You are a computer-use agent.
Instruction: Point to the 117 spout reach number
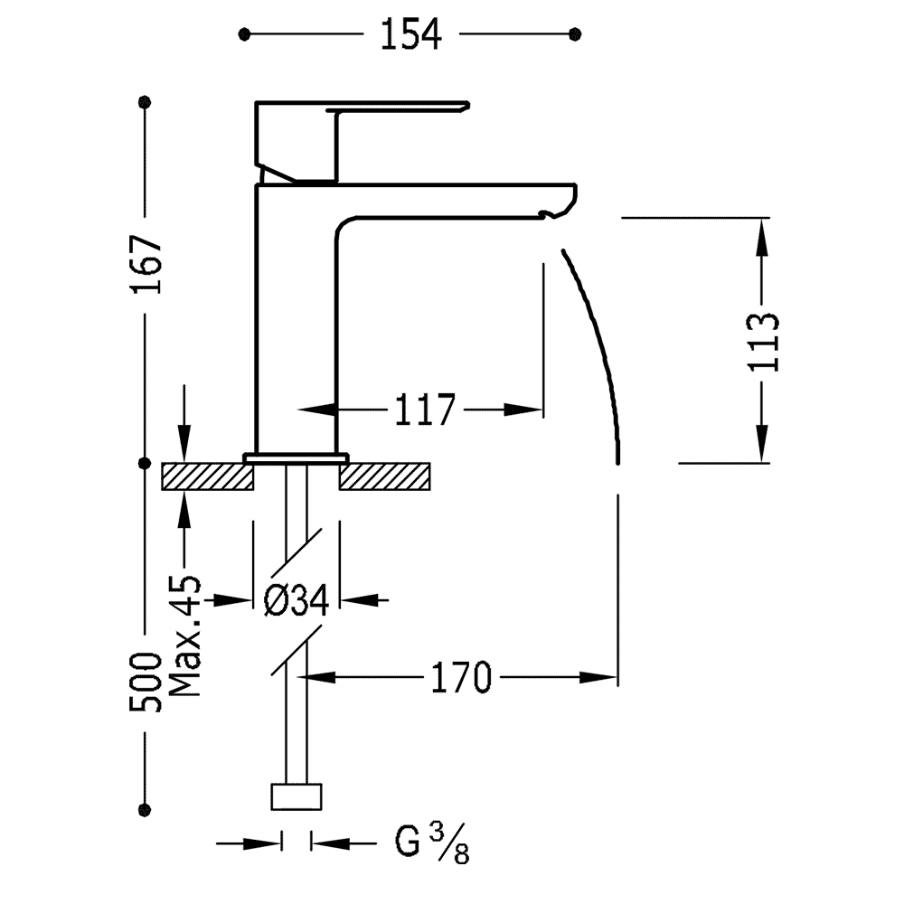click(424, 410)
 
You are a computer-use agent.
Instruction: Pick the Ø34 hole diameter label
click(296, 598)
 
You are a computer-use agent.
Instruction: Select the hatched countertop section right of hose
click(387, 476)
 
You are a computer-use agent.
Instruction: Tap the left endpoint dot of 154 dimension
click(244, 34)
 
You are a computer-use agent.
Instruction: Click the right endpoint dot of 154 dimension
click(575, 34)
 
